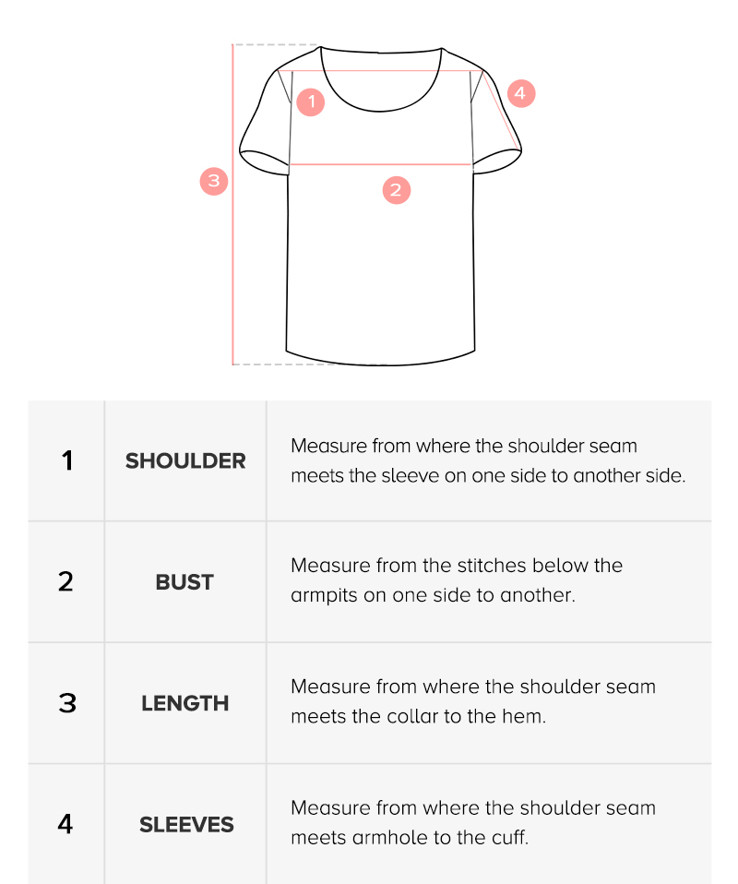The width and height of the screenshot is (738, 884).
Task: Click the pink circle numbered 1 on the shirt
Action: [x=311, y=102]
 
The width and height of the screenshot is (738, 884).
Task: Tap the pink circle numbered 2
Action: [x=397, y=190]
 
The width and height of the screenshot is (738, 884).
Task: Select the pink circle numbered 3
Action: [x=214, y=181]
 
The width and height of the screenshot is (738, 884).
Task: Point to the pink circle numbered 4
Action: [x=521, y=93]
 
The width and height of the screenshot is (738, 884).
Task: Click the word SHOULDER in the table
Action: [x=185, y=461]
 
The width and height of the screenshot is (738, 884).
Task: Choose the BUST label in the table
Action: [x=184, y=582]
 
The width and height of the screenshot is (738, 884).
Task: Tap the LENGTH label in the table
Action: [x=184, y=703]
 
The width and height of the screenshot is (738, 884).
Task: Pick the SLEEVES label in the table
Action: [x=186, y=825]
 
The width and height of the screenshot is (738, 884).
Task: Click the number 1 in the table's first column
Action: [x=67, y=460]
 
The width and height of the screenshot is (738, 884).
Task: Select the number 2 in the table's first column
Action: [x=66, y=582]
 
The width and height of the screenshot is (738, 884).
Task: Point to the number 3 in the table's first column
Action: [x=67, y=703]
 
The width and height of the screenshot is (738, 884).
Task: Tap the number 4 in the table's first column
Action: [x=65, y=824]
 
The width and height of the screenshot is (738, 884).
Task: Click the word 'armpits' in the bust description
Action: [x=324, y=596]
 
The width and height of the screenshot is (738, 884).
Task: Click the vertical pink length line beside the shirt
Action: [x=232, y=204]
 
